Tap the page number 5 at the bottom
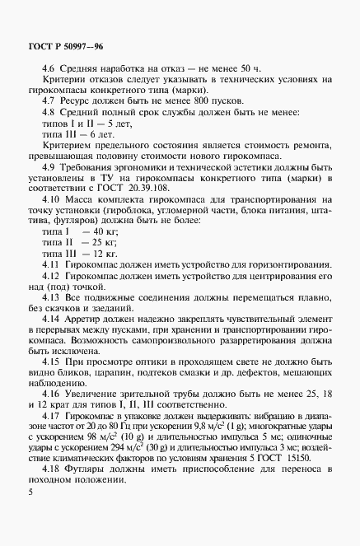[30, 513]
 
